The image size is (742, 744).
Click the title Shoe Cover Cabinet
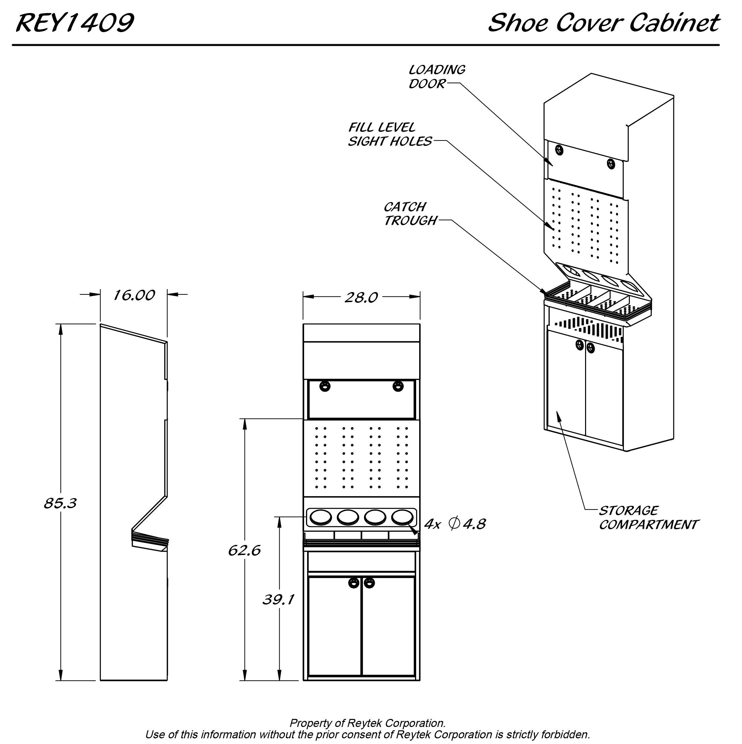tap(604, 23)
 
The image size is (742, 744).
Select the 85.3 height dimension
tap(61, 503)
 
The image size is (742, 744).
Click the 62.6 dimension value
tap(244, 551)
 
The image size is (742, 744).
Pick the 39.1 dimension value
tap(278, 599)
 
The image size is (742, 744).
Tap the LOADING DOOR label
tap(437, 77)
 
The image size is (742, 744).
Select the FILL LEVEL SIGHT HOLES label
tap(390, 134)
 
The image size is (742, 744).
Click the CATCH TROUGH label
tap(410, 214)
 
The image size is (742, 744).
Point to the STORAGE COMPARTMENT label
tap(648, 518)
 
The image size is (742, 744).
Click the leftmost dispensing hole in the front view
tap(320, 517)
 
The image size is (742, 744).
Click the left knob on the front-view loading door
tap(325, 385)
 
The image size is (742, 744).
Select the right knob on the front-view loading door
tap(398, 385)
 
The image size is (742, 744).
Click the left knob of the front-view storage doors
tap(354, 583)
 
